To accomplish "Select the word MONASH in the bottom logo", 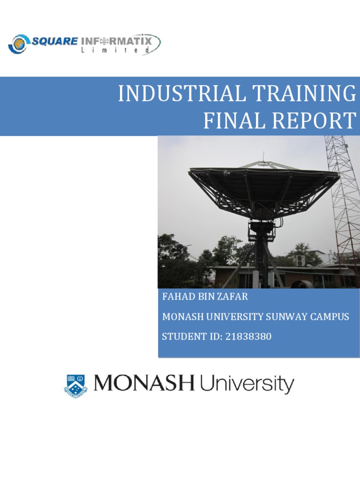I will pos(144,384).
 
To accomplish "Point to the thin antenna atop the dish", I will pos(263,157).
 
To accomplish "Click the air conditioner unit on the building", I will pos(299,261).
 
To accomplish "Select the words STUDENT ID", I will pos(184,336).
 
